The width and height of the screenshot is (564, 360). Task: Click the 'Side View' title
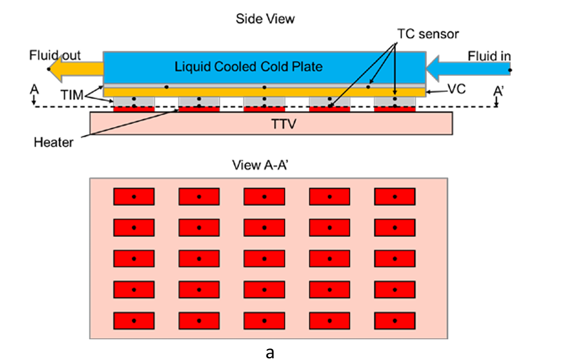tap(265, 18)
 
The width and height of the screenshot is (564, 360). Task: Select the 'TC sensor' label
tap(428, 34)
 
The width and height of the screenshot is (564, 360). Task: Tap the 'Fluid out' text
tap(55, 56)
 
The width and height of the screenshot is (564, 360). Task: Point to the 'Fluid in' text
tap(489, 56)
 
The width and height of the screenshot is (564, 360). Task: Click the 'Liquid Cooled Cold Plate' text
tap(249, 67)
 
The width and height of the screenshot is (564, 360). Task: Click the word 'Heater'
tap(54, 141)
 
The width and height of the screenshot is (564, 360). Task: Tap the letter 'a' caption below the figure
tap(270, 352)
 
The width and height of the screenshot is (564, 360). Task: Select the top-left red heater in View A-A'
tap(134, 197)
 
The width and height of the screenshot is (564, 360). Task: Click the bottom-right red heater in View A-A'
tap(395, 320)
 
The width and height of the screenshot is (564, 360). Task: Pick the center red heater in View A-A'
tap(264, 258)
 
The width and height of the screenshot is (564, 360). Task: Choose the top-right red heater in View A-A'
tap(395, 197)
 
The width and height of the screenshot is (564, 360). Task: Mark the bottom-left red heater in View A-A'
tap(134, 320)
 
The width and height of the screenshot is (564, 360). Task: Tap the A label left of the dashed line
tap(34, 90)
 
